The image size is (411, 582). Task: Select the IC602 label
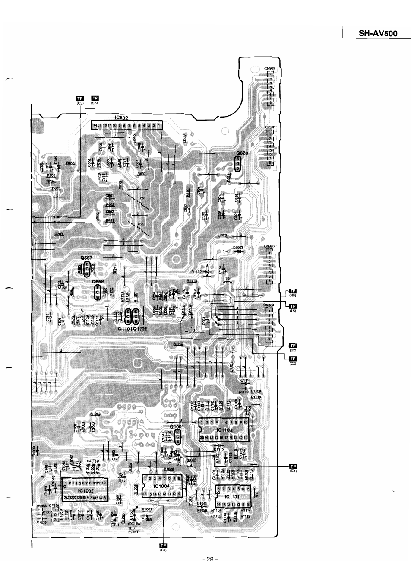[122, 118]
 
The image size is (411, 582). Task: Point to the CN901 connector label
[270, 68]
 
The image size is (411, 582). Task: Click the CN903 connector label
[269, 246]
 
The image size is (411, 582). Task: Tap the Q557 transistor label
[86, 258]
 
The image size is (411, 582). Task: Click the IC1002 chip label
[85, 491]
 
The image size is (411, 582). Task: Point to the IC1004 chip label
[161, 486]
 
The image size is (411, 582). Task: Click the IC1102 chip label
[224, 430]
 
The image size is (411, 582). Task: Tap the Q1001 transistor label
[177, 426]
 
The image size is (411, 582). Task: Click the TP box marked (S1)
[164, 545]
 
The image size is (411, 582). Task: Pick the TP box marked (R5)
[292, 291]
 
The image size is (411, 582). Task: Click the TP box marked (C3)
[80, 98]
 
